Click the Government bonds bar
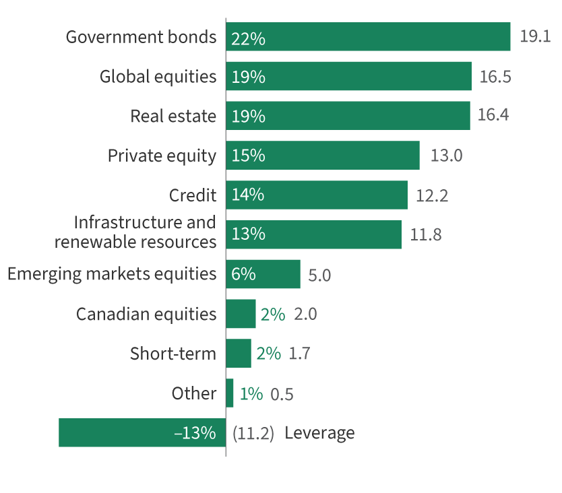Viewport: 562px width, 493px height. (368, 37)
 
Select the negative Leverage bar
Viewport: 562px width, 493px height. (142, 432)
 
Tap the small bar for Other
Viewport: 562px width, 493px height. (230, 393)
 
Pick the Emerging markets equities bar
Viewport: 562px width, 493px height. (263, 274)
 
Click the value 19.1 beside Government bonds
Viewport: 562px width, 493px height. (535, 37)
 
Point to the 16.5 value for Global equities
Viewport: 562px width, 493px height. (495, 77)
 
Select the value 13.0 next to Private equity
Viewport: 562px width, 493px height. (446, 156)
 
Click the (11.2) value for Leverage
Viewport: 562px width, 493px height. (253, 433)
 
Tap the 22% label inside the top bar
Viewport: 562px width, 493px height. (248, 39)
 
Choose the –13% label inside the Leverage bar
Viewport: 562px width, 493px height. (195, 433)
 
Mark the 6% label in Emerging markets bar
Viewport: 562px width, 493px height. (243, 274)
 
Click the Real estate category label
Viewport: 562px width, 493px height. (173, 116)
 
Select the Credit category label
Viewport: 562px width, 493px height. (193, 195)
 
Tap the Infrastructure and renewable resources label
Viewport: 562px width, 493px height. (135, 232)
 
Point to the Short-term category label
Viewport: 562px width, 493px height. (173, 354)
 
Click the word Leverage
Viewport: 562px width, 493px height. (319, 433)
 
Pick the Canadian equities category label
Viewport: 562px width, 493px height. (146, 314)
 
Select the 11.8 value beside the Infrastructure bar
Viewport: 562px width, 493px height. (426, 235)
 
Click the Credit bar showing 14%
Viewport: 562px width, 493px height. (317, 195)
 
